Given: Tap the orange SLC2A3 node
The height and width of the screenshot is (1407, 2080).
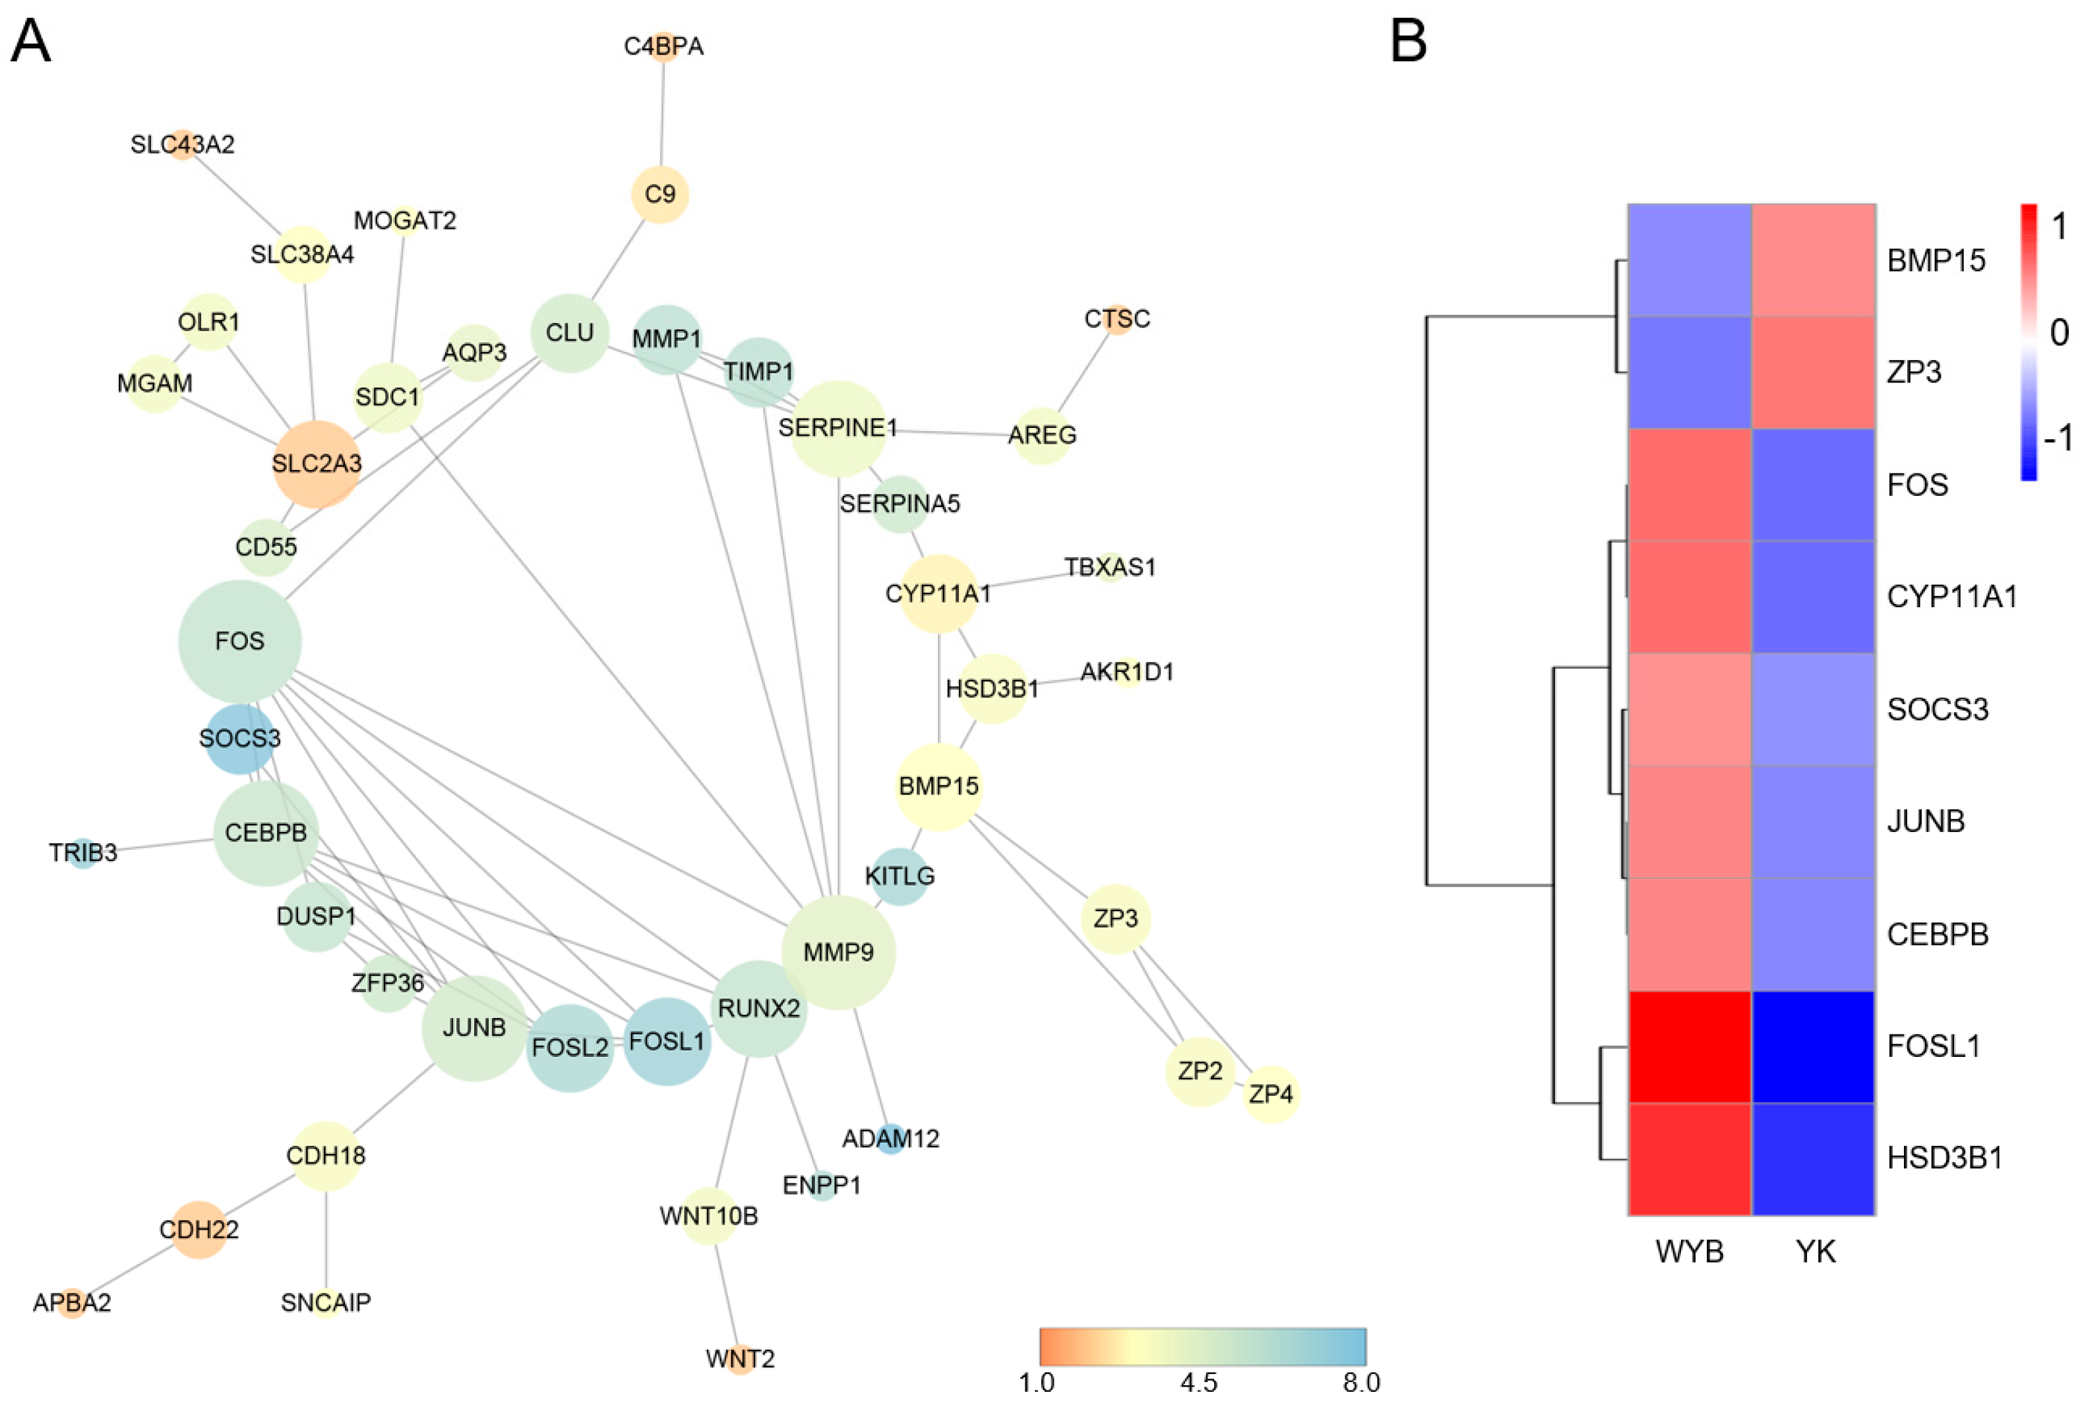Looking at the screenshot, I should [x=316, y=464].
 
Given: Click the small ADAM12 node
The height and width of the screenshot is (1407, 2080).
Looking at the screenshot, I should [x=890, y=1139].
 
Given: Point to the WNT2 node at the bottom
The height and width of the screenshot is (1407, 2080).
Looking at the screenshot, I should [x=739, y=1359].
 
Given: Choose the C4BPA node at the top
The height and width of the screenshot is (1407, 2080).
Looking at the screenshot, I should [x=663, y=47].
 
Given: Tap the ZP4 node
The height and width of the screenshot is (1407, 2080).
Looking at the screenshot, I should [x=1270, y=1094].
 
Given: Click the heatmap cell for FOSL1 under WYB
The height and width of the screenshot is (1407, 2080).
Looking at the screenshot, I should [x=1689, y=1046].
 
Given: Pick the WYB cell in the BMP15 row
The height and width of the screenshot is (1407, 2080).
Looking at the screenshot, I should [x=1689, y=260].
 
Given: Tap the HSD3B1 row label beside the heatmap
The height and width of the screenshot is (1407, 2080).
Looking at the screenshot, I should [x=1944, y=1158].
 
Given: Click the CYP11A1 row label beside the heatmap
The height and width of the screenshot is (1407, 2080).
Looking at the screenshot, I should [x=1952, y=597].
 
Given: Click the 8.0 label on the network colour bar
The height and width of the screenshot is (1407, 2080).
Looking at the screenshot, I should [x=1361, y=1383].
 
